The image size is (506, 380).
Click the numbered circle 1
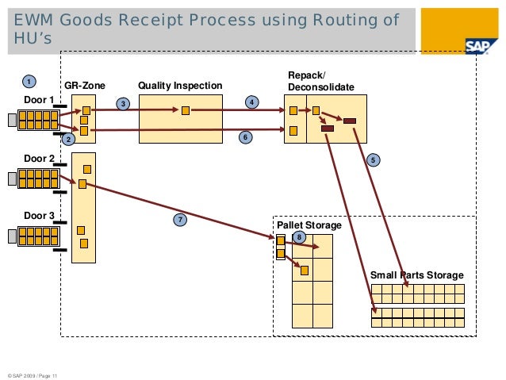tap(28, 82)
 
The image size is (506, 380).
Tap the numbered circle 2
tap(68, 140)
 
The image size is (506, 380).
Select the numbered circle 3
tap(123, 103)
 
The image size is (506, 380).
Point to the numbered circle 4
tap(251, 102)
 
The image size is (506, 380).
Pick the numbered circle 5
tap(373, 160)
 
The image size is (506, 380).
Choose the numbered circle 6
tap(246, 138)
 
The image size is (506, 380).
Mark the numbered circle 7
tap(180, 219)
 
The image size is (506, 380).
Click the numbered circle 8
tap(298, 237)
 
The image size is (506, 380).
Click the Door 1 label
tap(39, 100)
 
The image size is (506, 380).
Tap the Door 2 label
tap(39, 158)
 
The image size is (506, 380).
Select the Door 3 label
tap(39, 216)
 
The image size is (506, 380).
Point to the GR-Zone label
tap(84, 86)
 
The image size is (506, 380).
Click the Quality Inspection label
tap(180, 86)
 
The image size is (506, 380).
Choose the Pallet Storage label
tap(309, 226)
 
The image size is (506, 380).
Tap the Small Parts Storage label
tap(416, 275)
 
